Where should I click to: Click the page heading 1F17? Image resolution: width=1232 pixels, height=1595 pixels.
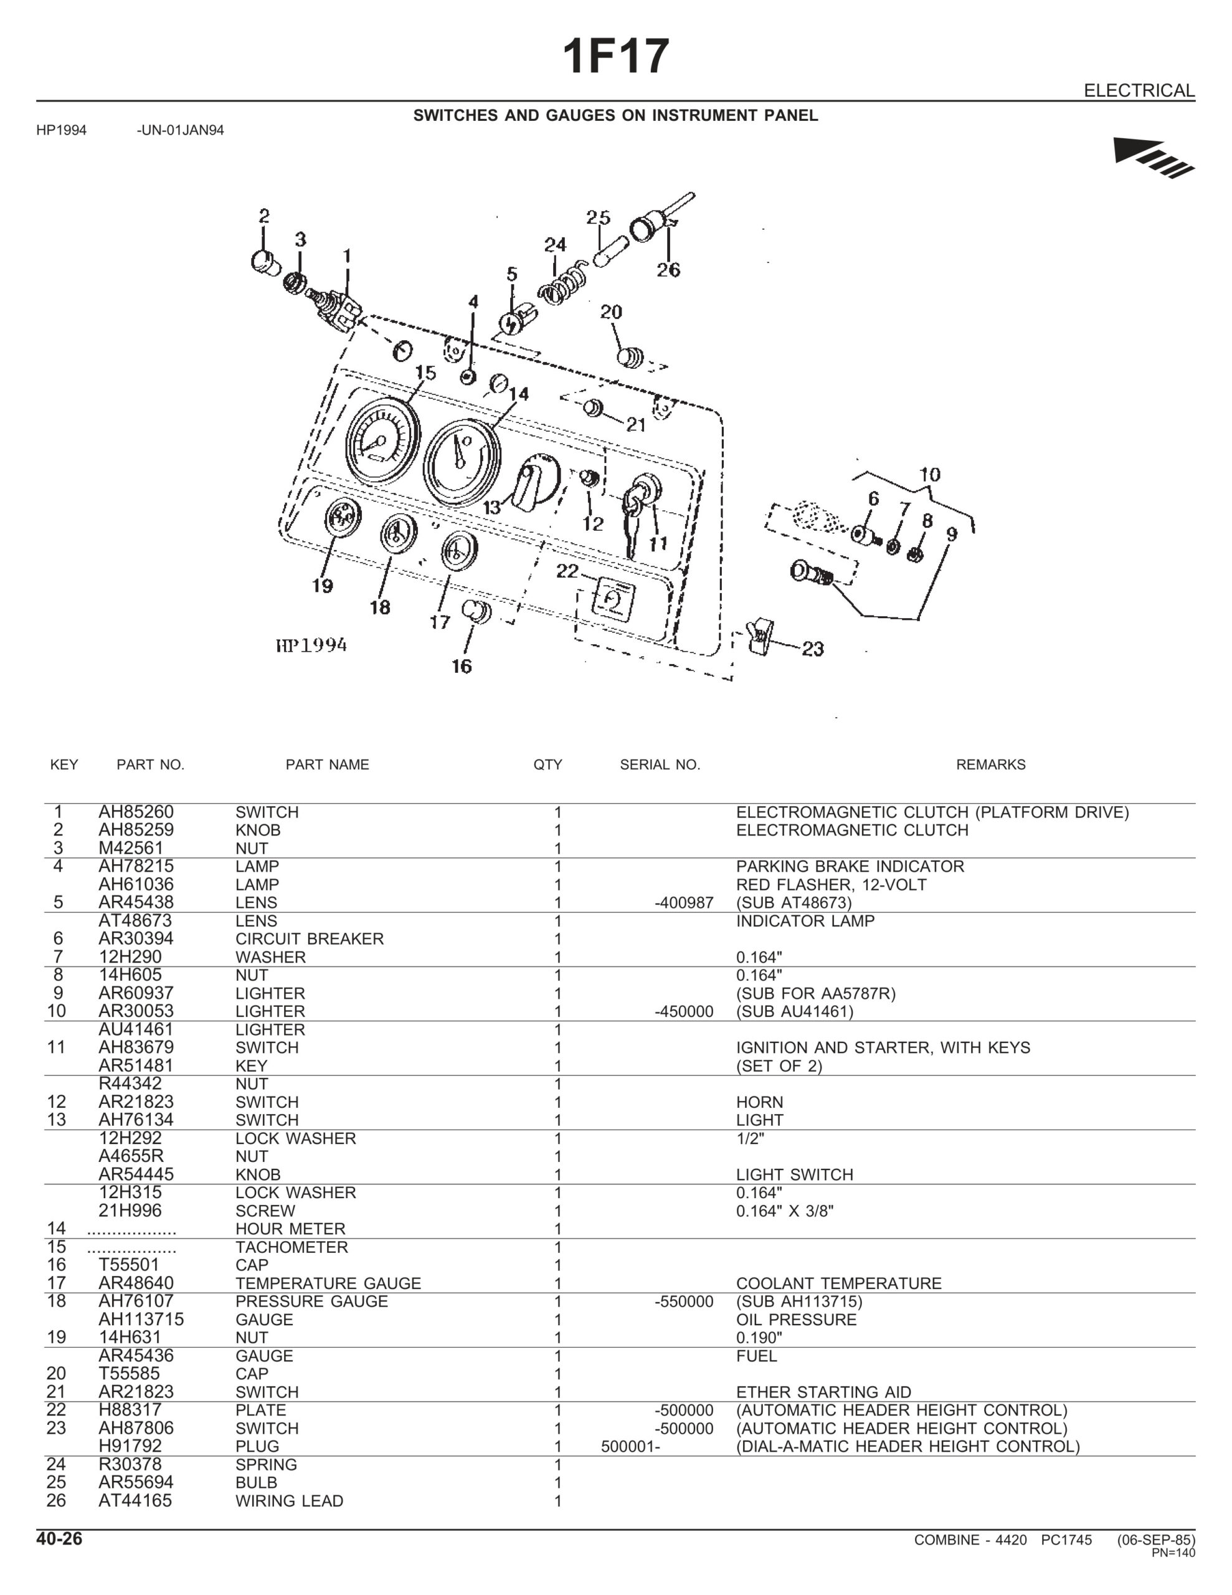[615, 57]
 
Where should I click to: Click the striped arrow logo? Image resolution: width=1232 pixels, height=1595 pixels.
[1152, 156]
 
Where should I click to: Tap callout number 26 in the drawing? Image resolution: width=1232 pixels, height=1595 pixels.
[668, 270]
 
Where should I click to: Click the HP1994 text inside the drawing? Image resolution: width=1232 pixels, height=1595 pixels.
[311, 645]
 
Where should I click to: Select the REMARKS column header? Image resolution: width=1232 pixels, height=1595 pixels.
[990, 764]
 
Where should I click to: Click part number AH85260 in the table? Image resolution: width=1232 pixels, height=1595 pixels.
[136, 812]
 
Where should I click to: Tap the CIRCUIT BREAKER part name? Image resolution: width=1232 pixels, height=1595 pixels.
[309, 938]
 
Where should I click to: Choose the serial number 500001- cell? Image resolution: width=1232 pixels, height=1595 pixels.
[630, 1446]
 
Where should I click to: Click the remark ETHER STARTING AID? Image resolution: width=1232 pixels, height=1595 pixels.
[823, 1392]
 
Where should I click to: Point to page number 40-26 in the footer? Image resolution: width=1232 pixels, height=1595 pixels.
[59, 1539]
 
